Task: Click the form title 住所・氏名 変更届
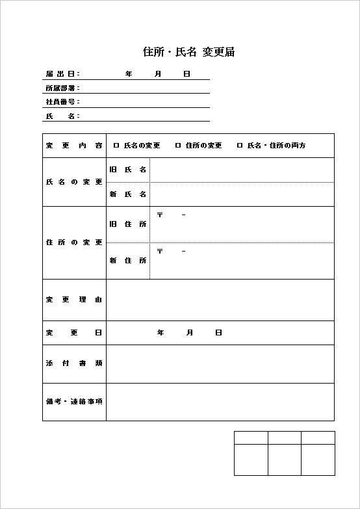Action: [188, 52]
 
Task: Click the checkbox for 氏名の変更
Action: [116, 146]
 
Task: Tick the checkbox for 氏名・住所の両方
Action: [240, 146]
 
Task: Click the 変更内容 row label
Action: [74, 146]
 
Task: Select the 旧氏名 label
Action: [128, 170]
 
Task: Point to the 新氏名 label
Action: [128, 194]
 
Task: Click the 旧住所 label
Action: [128, 224]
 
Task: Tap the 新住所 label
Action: [128, 261]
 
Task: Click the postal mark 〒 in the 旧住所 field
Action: [161, 215]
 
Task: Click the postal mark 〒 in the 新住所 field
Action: [161, 251]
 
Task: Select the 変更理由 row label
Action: [74, 300]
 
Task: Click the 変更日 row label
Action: [74, 333]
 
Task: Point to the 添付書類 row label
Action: [74, 363]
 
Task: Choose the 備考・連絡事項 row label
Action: [74, 401]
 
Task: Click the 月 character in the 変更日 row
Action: [190, 333]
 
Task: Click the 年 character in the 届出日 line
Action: [129, 74]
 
